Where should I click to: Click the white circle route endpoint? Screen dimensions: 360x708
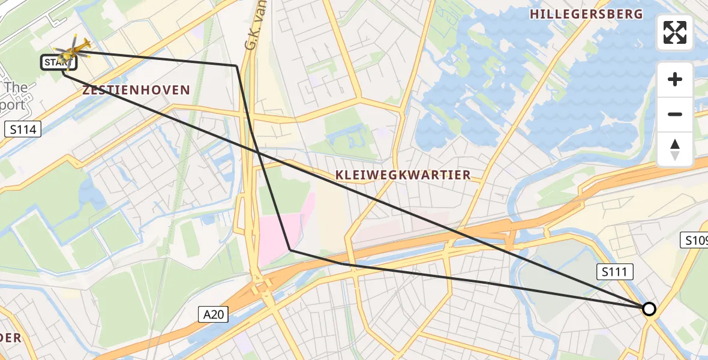[x=649, y=309]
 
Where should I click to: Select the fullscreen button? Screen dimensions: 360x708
[x=675, y=32]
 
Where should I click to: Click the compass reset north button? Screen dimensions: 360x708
[x=675, y=149]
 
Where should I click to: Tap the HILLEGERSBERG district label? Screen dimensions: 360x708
[x=586, y=14]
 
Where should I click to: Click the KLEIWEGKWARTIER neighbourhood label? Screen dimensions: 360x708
[x=403, y=175]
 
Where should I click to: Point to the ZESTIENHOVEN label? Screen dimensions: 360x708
[x=136, y=91]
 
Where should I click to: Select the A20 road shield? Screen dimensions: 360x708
[x=214, y=314]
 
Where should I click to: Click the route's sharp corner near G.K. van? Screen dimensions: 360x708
[x=236, y=65]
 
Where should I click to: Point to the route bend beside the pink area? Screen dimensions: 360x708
[x=290, y=250]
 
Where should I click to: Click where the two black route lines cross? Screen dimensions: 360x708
[x=259, y=153]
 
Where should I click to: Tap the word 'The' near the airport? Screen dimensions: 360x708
[x=15, y=88]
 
